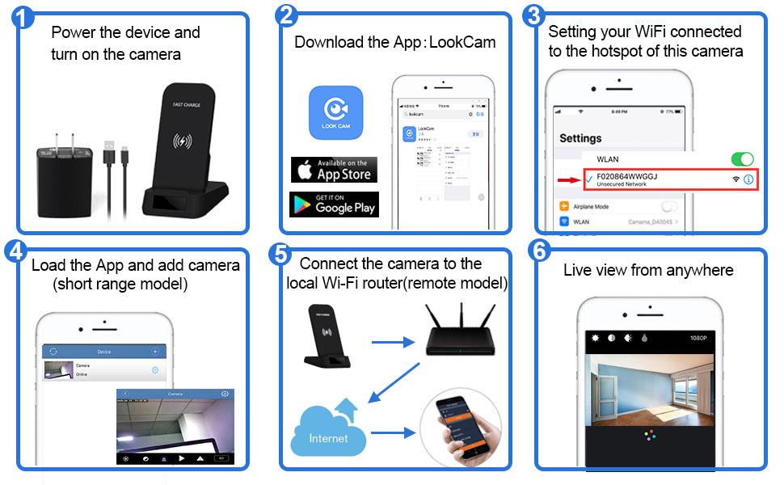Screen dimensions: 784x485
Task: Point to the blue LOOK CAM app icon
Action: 335,113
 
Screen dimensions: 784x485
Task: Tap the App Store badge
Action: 333,169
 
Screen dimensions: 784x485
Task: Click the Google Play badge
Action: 333,204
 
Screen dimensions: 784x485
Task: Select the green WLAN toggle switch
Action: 741,159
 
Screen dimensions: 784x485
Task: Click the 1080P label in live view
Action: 699,338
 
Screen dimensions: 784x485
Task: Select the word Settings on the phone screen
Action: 580,138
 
